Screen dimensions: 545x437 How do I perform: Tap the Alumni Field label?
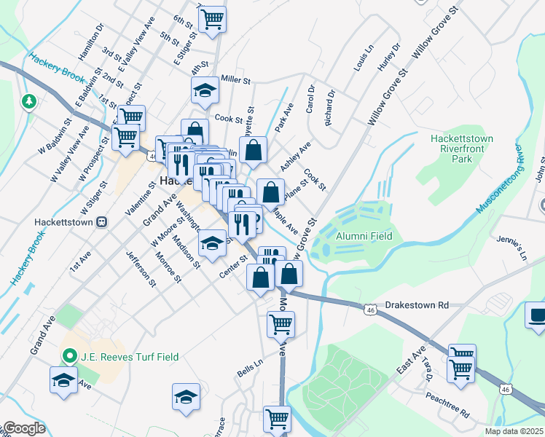pos(364,236)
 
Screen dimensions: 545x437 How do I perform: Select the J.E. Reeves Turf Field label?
pos(128,357)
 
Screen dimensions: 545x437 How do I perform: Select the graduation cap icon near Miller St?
pos(205,91)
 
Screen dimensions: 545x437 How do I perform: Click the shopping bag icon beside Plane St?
pos(270,193)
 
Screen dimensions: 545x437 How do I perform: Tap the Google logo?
pos(24,428)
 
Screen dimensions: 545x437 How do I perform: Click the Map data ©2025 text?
pos(514,431)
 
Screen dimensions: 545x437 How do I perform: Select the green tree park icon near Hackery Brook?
pos(29,101)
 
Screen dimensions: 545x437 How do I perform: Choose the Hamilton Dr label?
pos(92,39)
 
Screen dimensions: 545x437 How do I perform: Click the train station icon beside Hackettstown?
pos(101,221)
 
